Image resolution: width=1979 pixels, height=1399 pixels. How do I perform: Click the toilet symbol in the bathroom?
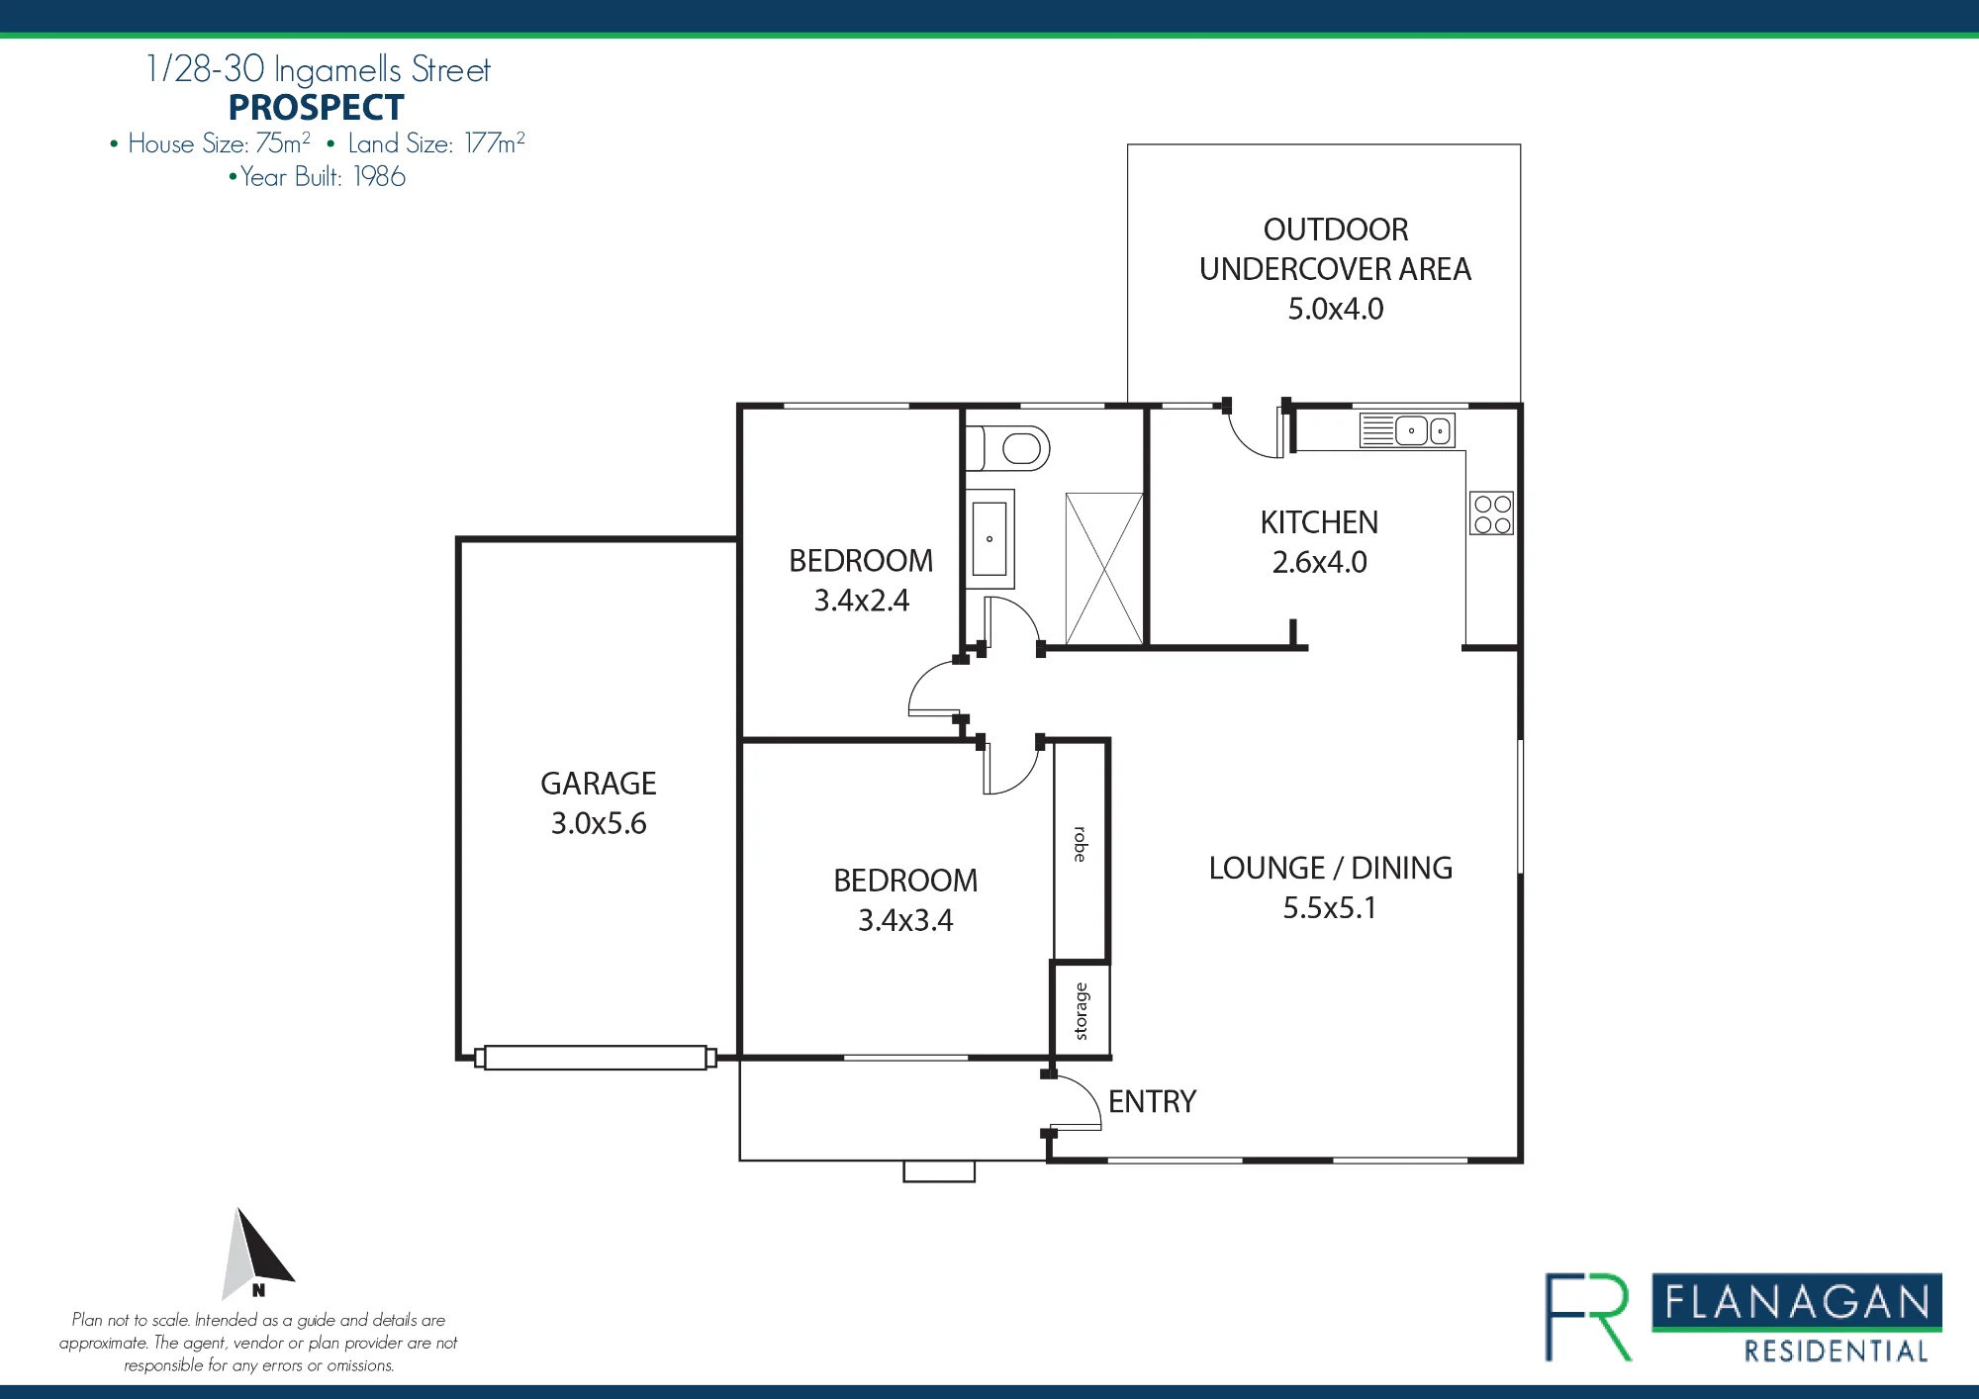[1007, 448]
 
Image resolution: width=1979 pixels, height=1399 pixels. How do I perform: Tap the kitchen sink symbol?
[1407, 430]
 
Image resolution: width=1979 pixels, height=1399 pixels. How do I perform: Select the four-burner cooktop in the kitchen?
[1492, 514]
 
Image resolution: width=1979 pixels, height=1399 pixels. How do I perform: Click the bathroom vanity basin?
[989, 538]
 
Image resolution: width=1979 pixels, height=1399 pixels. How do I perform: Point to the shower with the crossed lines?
[1104, 569]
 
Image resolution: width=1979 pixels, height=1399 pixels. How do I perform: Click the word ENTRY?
[1152, 1101]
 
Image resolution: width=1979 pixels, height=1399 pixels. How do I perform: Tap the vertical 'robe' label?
[1081, 844]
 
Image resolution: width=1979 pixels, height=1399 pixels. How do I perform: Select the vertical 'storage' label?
[1081, 1011]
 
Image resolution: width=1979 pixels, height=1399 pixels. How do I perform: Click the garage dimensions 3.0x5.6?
[599, 823]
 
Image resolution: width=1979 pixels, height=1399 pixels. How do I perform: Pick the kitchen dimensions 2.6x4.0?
[1320, 562]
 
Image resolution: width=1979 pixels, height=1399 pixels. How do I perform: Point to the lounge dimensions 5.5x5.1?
[1330, 907]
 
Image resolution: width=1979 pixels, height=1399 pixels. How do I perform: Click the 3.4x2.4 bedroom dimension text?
[862, 601]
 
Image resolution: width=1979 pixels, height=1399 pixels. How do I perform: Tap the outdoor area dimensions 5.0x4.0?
[1336, 309]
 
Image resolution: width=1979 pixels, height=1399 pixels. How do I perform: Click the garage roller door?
[596, 1058]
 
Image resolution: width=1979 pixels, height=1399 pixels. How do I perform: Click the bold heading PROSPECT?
[317, 107]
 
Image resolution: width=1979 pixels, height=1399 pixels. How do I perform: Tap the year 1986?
[380, 177]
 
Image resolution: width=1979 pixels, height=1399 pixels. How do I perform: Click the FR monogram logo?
[1589, 1317]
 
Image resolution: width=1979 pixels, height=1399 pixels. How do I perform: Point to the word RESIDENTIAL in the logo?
[1837, 1352]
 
